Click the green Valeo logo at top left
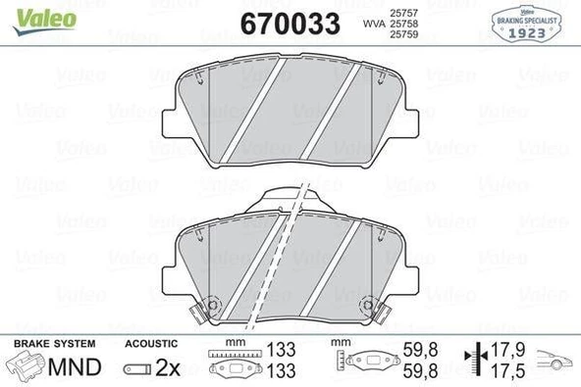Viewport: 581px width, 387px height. [44, 22]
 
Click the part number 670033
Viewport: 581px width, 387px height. [290, 24]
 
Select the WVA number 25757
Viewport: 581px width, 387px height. [404, 13]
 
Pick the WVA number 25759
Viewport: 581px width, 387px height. [404, 34]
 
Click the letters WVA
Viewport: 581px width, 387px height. [374, 24]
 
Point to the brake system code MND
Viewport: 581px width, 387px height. [75, 367]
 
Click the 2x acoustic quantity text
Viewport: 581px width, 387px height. [168, 367]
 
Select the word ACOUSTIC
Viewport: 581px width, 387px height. [151, 344]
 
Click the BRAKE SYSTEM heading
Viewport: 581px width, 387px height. [55, 344]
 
